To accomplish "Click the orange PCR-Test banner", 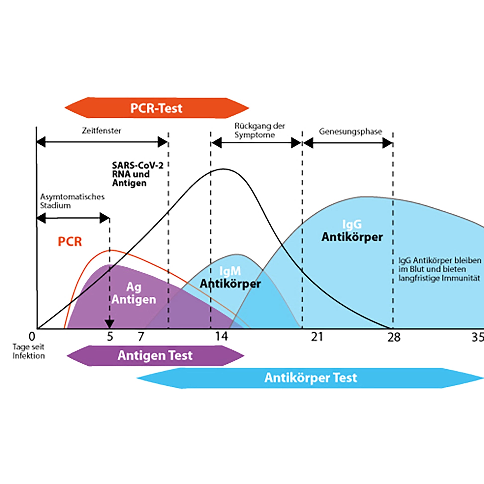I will pos(157,108).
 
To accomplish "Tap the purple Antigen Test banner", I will pos(155,355).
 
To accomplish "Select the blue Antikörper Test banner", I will pos(310,378).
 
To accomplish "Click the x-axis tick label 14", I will pos(222,337).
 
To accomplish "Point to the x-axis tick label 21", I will pos(317,337).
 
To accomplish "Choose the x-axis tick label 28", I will pos(393,337).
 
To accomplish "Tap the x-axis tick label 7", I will pos(141,337).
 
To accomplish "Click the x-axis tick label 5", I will pos(110,337).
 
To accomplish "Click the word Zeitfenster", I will pos(101,131).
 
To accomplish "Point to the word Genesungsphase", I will pos(350,132).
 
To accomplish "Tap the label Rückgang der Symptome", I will pos(259,130).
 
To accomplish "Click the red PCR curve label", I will pos(70,242).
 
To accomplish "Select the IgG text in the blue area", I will pos(352,224).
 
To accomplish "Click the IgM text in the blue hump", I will pos(230,271).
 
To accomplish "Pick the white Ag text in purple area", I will pos(134,287).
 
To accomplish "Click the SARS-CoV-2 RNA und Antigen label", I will pos(137,174).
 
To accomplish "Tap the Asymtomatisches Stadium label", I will pos(72,201).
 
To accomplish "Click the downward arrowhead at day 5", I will pos(109,324).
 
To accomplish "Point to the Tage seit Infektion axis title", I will pos(29,351).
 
